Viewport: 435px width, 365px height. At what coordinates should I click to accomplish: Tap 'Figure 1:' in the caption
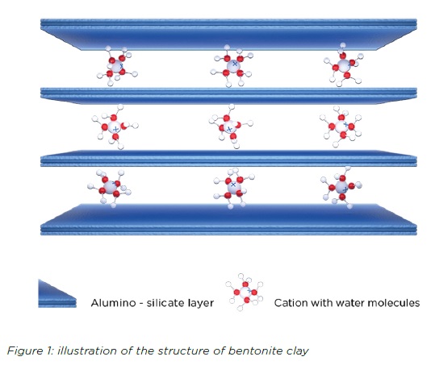click(31, 350)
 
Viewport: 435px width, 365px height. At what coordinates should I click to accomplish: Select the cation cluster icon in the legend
click(245, 292)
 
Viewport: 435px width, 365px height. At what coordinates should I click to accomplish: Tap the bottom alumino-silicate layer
click(228, 220)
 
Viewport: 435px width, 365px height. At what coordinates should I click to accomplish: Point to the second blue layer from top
click(228, 96)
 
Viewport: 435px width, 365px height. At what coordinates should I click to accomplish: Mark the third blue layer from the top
click(228, 159)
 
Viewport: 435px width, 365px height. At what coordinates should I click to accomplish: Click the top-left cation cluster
click(117, 66)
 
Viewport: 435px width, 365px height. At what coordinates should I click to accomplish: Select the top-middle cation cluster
click(232, 66)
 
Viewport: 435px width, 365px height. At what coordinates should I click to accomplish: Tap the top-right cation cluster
click(344, 64)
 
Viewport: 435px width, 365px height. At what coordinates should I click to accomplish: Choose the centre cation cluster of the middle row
click(230, 127)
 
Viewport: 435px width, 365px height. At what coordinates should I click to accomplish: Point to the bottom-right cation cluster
click(341, 188)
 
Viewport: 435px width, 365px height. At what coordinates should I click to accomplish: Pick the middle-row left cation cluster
click(115, 127)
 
